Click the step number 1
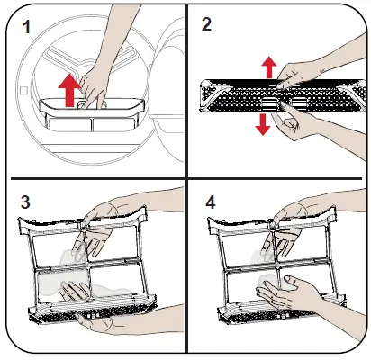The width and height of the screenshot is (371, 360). point(27,28)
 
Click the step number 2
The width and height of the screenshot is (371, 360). point(206,24)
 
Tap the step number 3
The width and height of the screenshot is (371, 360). point(25,202)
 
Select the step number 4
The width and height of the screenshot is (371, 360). point(211,202)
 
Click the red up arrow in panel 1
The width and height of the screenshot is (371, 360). point(69,90)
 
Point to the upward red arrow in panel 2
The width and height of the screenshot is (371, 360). point(269,67)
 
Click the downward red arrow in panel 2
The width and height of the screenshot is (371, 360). point(263,124)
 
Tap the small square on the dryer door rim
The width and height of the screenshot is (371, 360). point(23,90)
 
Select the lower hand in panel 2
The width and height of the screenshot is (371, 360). point(300,126)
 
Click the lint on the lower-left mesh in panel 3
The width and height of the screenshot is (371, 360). point(63,283)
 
